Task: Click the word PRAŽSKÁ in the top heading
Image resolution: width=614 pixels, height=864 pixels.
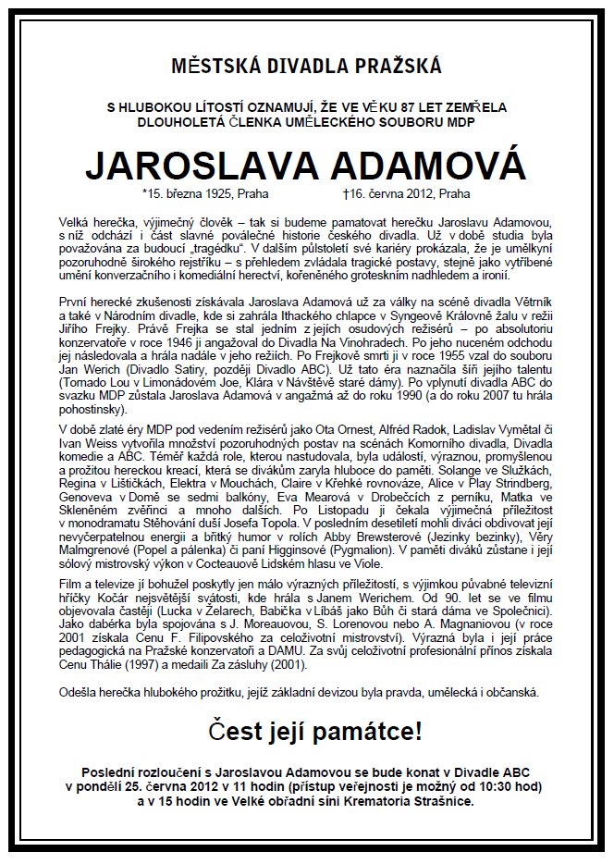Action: [395, 66]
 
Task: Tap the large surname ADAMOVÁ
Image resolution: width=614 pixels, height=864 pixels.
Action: [424, 166]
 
